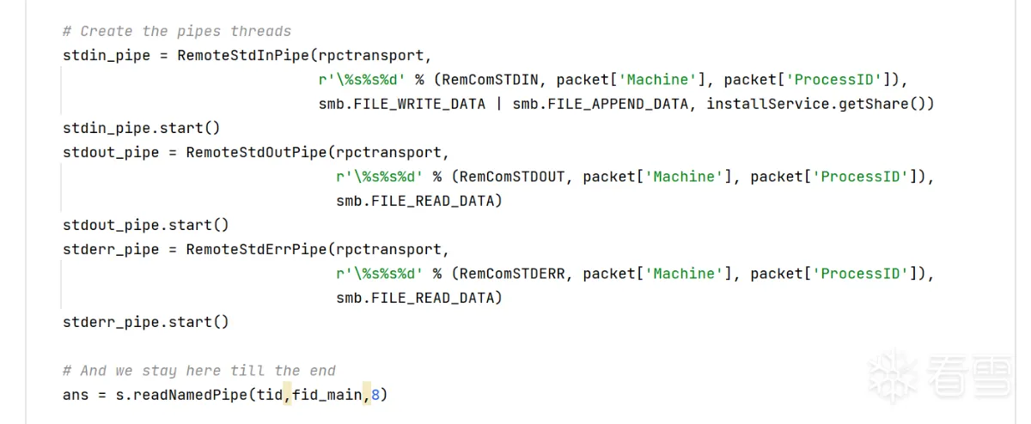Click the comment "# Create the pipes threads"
point(176,32)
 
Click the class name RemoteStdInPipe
point(243,56)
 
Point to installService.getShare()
point(820,104)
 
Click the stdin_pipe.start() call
point(142,128)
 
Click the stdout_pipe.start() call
point(146,225)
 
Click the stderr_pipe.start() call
point(146,322)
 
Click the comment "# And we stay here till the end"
point(198,371)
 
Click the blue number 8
point(375,396)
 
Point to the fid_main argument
point(327,396)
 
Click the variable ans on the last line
point(76,396)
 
